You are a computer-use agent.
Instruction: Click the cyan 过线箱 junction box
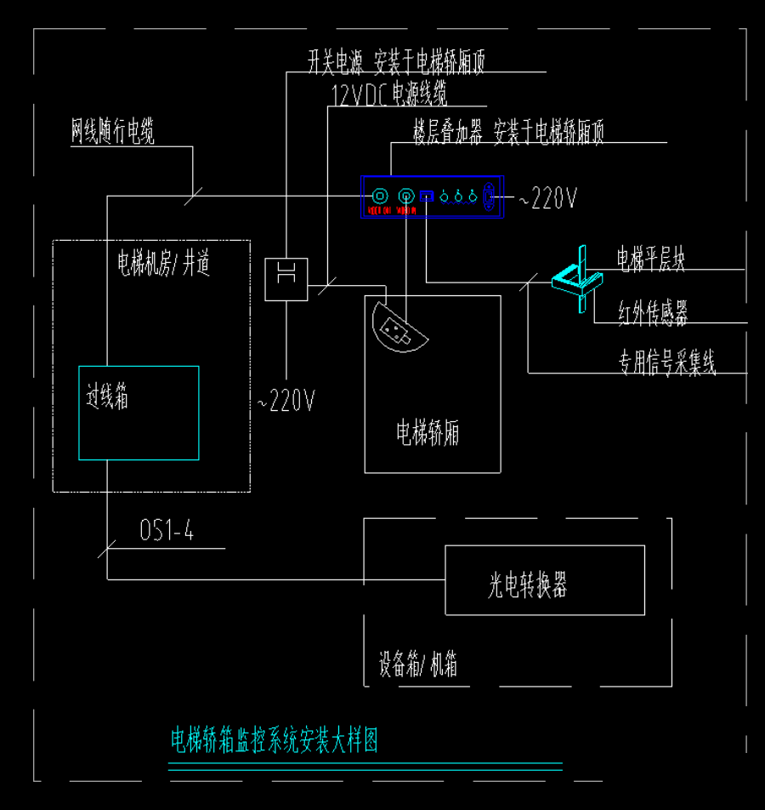tap(139, 413)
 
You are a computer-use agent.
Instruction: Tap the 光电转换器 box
tap(544, 580)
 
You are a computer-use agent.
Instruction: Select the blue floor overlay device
tap(433, 197)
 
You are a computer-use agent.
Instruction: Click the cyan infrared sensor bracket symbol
tap(576, 279)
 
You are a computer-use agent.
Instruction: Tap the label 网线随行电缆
tap(112, 133)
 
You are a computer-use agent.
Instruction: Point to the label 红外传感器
tap(653, 314)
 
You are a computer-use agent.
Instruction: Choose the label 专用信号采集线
tap(666, 365)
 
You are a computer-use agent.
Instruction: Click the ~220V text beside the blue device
tap(548, 199)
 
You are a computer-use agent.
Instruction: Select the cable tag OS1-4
tap(167, 532)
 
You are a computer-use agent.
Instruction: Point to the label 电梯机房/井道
tap(163, 264)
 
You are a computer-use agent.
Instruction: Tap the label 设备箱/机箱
tap(418, 665)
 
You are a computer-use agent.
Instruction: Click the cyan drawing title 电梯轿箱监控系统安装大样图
tap(275, 740)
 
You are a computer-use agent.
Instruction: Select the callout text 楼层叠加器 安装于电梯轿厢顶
tap(508, 133)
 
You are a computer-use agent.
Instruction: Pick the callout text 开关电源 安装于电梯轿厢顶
tap(396, 62)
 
